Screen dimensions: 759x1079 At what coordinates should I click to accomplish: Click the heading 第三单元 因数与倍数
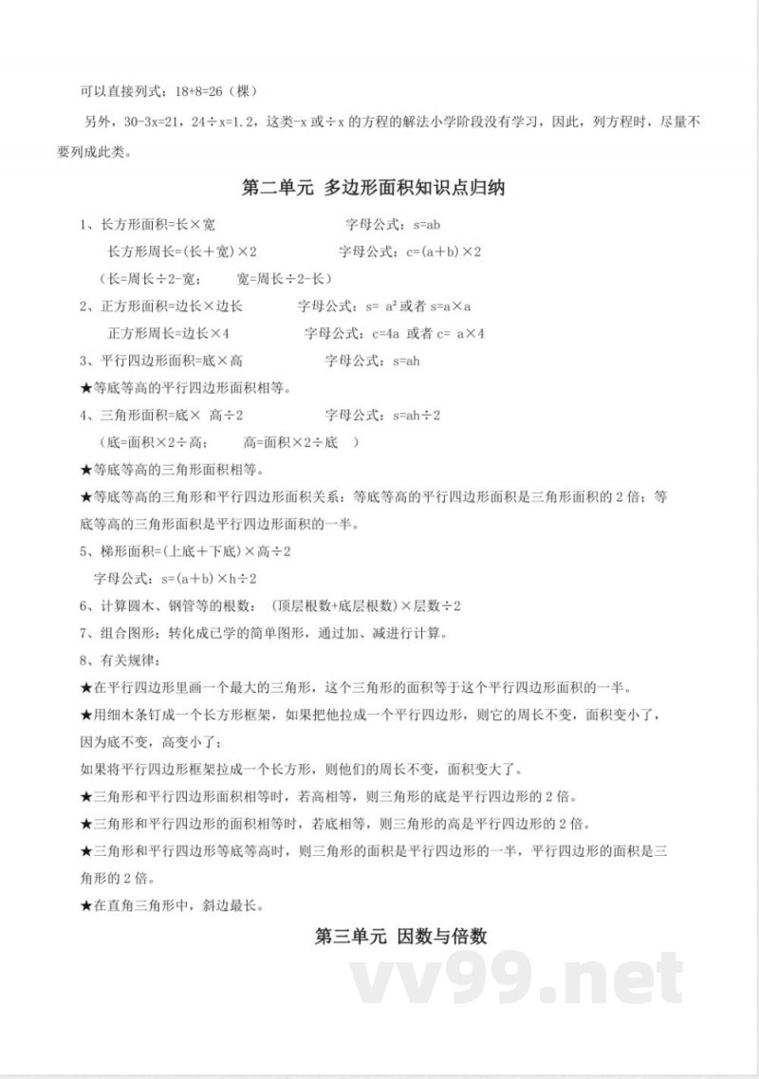click(x=401, y=936)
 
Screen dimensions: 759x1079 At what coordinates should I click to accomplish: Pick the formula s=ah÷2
click(x=410, y=415)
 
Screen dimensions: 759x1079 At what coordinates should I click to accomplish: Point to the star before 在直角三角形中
click(x=85, y=905)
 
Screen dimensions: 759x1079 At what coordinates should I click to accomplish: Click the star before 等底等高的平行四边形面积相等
click(x=85, y=388)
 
